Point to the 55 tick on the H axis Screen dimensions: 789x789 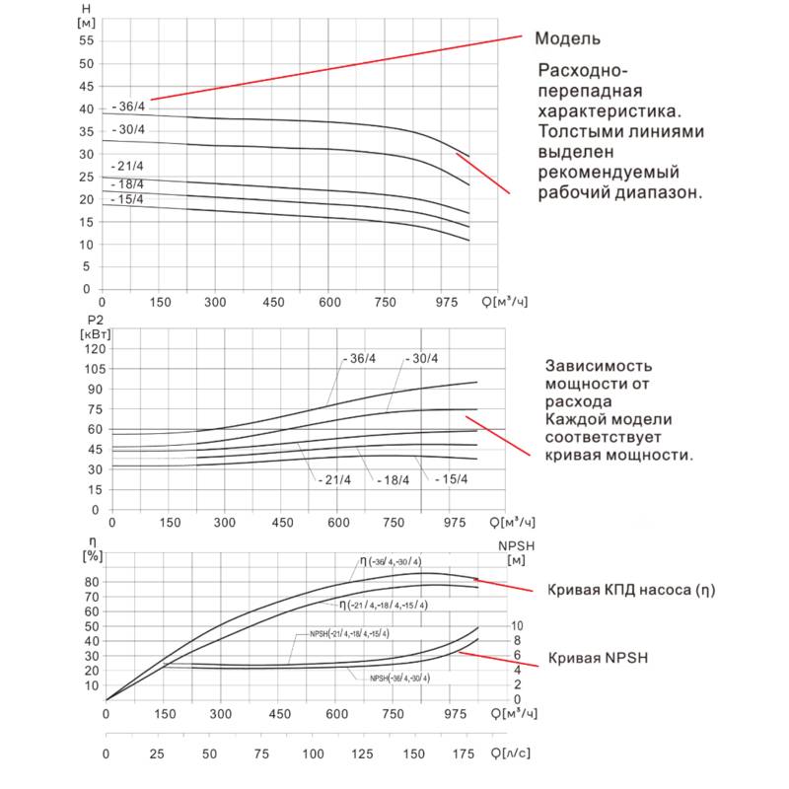(85, 40)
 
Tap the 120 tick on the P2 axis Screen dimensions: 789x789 (94, 349)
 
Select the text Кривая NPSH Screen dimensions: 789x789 (598, 657)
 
